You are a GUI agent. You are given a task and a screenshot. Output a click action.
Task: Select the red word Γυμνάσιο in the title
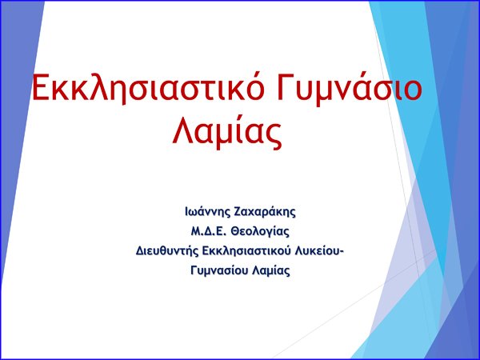coord(350,88)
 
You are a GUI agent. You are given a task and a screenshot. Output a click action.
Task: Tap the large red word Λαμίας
coord(227,132)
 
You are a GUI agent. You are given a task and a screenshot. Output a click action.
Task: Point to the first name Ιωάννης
coord(207,211)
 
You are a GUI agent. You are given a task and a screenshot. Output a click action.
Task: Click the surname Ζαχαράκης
coord(265,212)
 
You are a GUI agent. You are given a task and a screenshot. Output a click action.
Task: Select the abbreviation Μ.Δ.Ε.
coord(208,231)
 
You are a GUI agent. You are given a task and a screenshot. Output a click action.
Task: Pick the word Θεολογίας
coord(260,232)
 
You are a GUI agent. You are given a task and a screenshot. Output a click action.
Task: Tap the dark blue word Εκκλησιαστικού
coord(246,250)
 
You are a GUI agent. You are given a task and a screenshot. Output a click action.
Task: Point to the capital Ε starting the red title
coord(41,87)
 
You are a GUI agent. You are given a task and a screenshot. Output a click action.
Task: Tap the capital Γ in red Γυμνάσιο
coord(285,87)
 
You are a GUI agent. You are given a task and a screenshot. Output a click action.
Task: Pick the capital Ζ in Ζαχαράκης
coord(238,212)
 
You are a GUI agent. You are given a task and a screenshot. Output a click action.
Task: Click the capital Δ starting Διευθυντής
coord(140,251)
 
